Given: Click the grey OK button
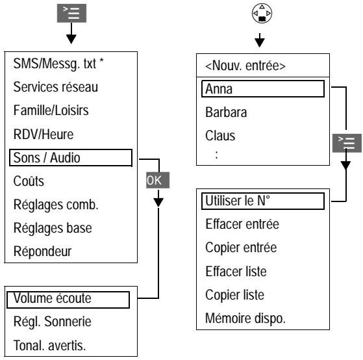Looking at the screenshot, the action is (158, 180).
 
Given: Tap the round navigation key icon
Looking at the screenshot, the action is (262, 14).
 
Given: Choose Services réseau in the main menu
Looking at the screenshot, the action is (56, 87).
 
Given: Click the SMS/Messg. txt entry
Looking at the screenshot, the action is (58, 64).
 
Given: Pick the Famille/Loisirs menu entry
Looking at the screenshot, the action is (51, 110).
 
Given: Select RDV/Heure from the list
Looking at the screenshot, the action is (44, 135).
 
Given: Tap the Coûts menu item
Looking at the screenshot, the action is (29, 181).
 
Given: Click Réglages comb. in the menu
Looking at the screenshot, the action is (56, 205).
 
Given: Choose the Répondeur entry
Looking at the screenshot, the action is (43, 251).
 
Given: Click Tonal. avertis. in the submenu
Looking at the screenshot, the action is (49, 346).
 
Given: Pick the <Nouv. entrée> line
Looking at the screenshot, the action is (245, 66).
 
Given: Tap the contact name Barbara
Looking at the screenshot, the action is (226, 112).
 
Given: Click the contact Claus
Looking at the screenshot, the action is (220, 136).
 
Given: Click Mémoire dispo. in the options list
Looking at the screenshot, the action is (245, 318).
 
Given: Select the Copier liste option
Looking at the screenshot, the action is (234, 295).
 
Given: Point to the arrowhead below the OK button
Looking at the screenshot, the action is (158, 203).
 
